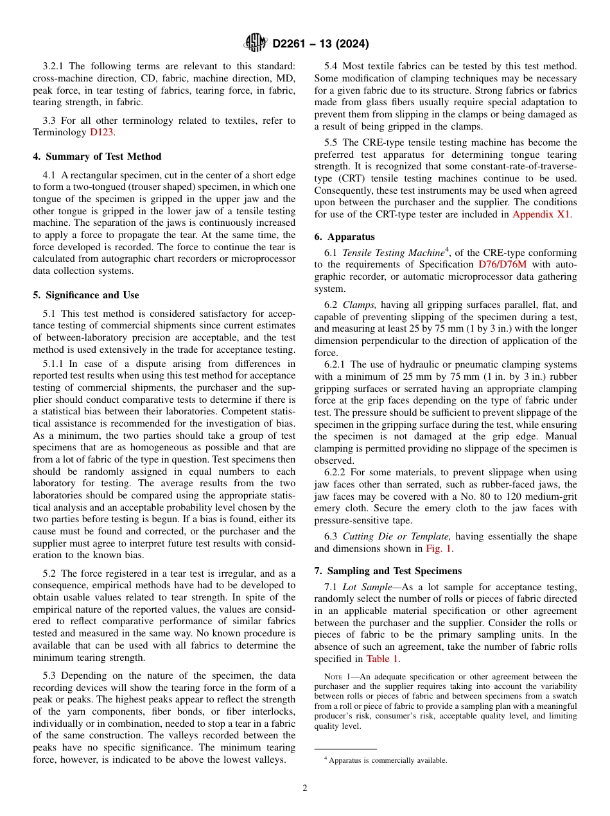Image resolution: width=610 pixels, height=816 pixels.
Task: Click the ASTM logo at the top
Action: pos(255,43)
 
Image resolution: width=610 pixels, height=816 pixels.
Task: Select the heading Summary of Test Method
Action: pos(97,157)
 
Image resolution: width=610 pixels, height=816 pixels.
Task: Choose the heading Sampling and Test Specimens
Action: pos(393,571)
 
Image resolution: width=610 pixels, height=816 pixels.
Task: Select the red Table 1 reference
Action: pos(382,659)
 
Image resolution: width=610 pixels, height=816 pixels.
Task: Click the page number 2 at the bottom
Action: pos(305,788)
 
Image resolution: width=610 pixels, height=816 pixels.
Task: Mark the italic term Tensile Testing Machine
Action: pos(393,252)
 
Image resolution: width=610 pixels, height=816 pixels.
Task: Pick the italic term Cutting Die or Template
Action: pos(396,536)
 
